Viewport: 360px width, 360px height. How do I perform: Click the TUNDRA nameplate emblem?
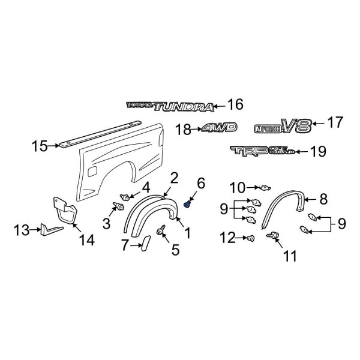170,107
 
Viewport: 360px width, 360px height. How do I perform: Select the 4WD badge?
219,128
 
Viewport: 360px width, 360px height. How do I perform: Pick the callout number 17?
334,124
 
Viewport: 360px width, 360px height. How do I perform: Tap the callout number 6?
201,182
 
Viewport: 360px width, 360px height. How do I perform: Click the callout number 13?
22,229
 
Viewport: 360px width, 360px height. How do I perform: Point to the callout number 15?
40,145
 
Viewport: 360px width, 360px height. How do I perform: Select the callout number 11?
290,256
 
